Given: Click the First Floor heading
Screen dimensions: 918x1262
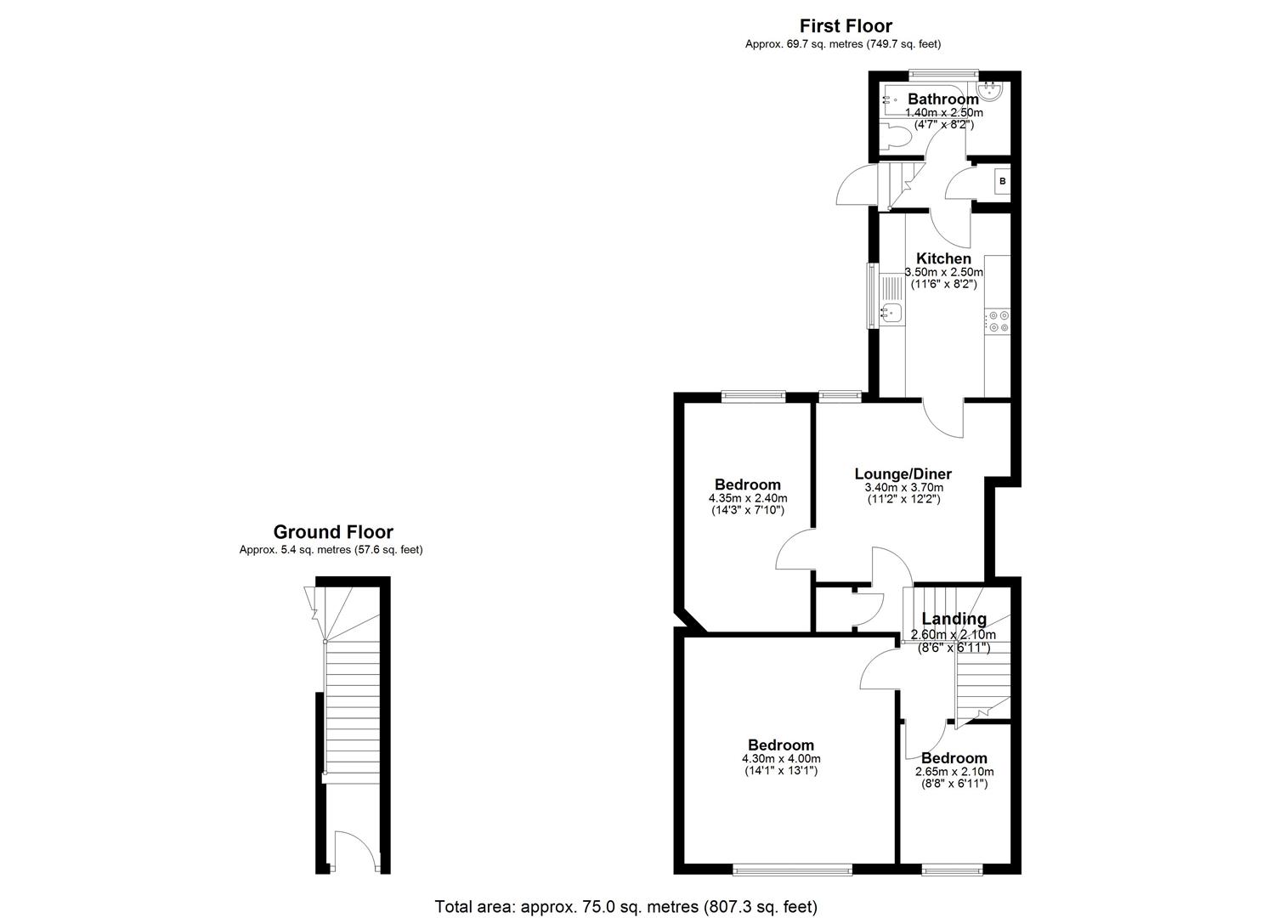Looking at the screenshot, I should tap(846, 26).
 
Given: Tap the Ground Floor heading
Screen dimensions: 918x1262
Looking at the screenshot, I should tap(332, 532).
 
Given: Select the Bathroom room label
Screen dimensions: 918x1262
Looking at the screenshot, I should tap(942, 99).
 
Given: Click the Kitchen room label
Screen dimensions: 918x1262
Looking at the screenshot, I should tap(943, 258).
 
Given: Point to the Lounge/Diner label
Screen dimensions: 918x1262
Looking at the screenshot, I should tap(903, 474).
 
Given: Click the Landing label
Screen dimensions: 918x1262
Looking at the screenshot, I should tap(954, 619).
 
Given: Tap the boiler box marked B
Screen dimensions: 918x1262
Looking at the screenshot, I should tap(1002, 182).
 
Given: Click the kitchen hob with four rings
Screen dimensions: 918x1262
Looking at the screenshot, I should tap(998, 321).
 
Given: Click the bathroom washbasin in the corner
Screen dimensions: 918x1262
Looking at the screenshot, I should tap(992, 90).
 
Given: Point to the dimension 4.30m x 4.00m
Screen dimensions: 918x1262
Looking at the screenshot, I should tap(781, 759).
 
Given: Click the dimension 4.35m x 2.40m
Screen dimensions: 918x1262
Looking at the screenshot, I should tap(747, 498).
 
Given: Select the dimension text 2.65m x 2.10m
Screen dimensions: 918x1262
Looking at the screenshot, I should tap(954, 772).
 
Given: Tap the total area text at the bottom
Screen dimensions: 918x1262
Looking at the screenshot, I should tap(625, 907).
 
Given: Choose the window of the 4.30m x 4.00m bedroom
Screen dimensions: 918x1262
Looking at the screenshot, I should tap(792, 869).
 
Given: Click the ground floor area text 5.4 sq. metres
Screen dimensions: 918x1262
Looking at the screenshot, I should tap(331, 550).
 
